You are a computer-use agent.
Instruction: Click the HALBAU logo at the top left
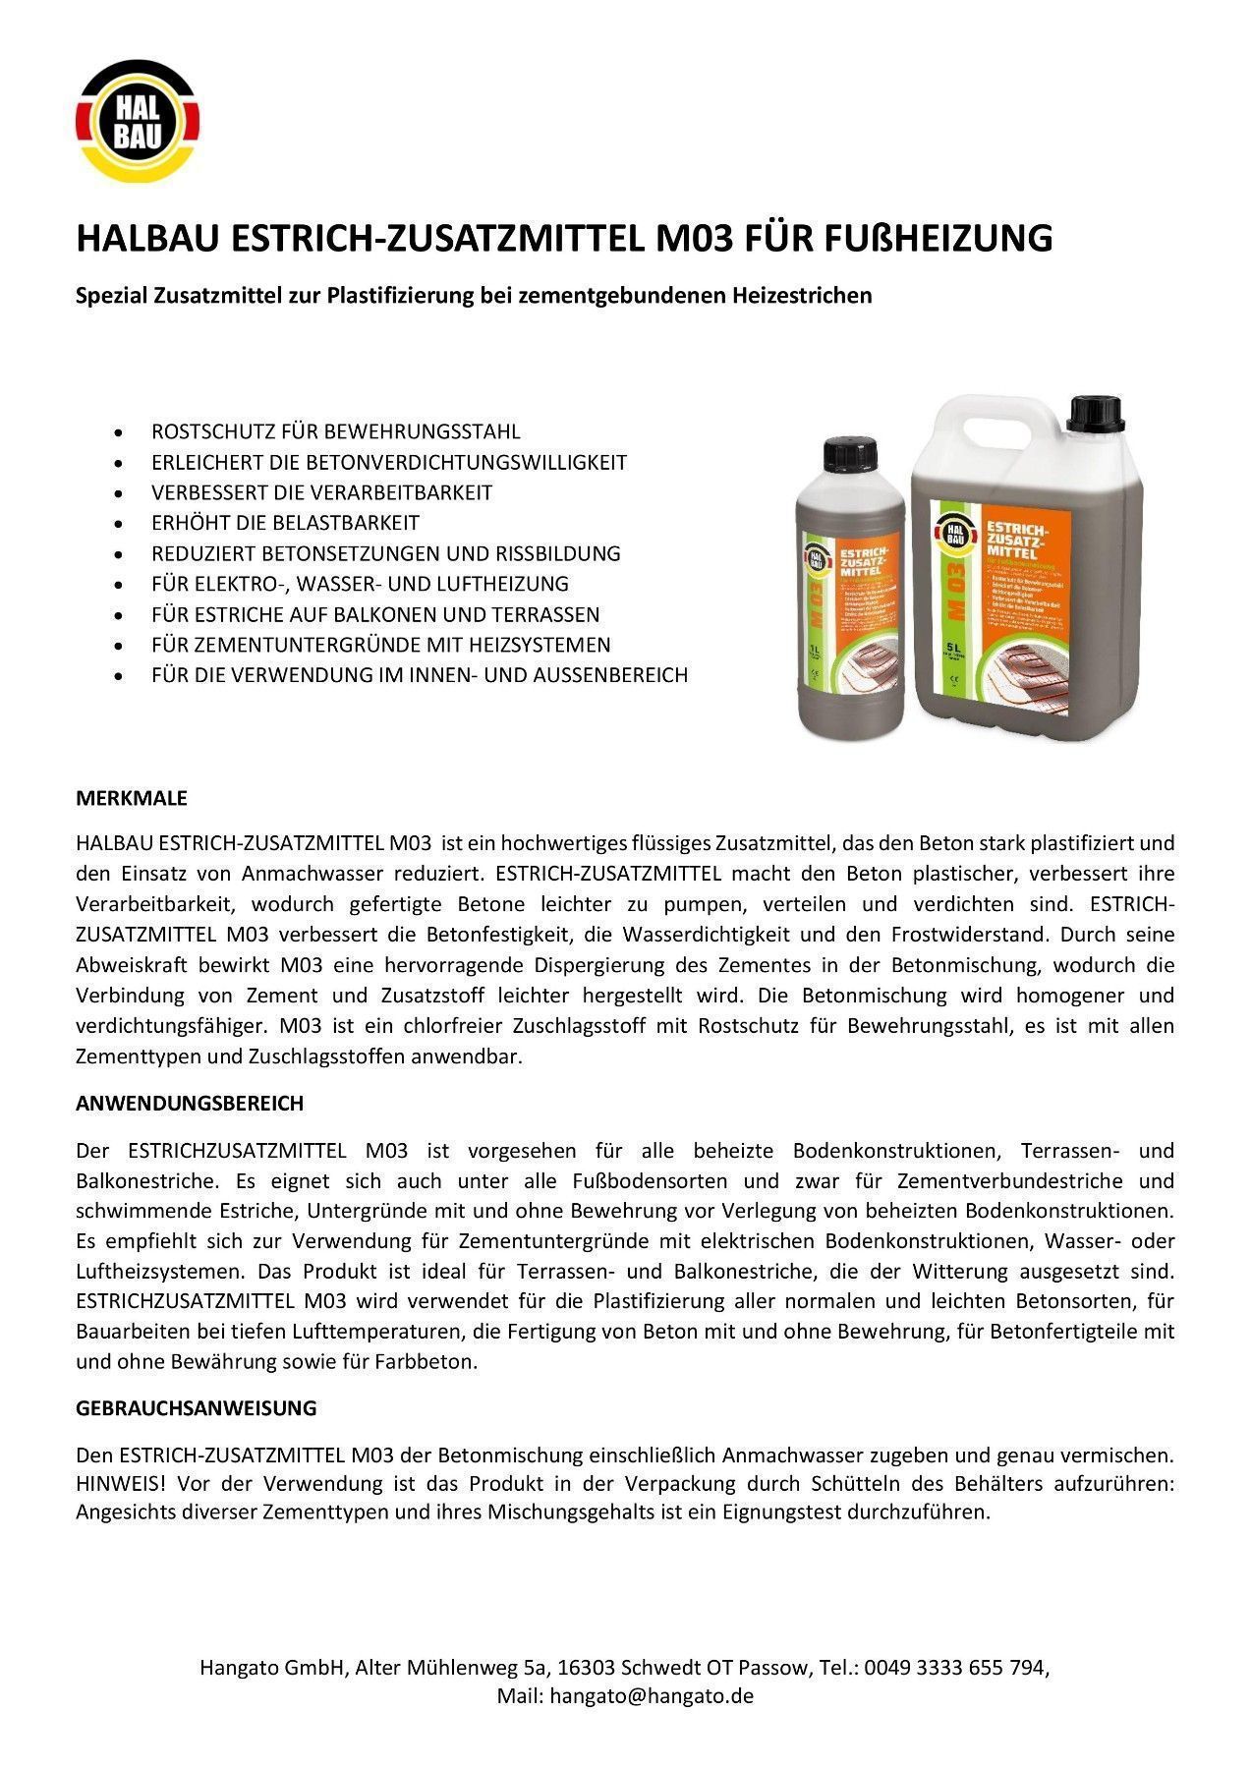click(x=138, y=123)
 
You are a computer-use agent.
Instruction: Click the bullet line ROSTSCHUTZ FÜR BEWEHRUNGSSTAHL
click(x=335, y=431)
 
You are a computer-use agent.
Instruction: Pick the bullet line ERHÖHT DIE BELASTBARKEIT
click(x=285, y=523)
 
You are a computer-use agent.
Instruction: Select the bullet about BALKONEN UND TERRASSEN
click(x=374, y=614)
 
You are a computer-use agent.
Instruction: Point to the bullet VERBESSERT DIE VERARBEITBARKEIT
click(x=321, y=492)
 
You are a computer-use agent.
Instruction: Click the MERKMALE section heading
click(x=132, y=798)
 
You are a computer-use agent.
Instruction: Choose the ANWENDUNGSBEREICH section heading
click(x=190, y=1104)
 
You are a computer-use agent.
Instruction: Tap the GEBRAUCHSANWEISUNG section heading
click(x=197, y=1408)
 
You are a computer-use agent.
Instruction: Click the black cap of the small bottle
click(x=847, y=454)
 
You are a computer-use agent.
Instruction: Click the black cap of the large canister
click(x=1095, y=414)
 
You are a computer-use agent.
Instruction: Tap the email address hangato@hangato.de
click(x=652, y=1696)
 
